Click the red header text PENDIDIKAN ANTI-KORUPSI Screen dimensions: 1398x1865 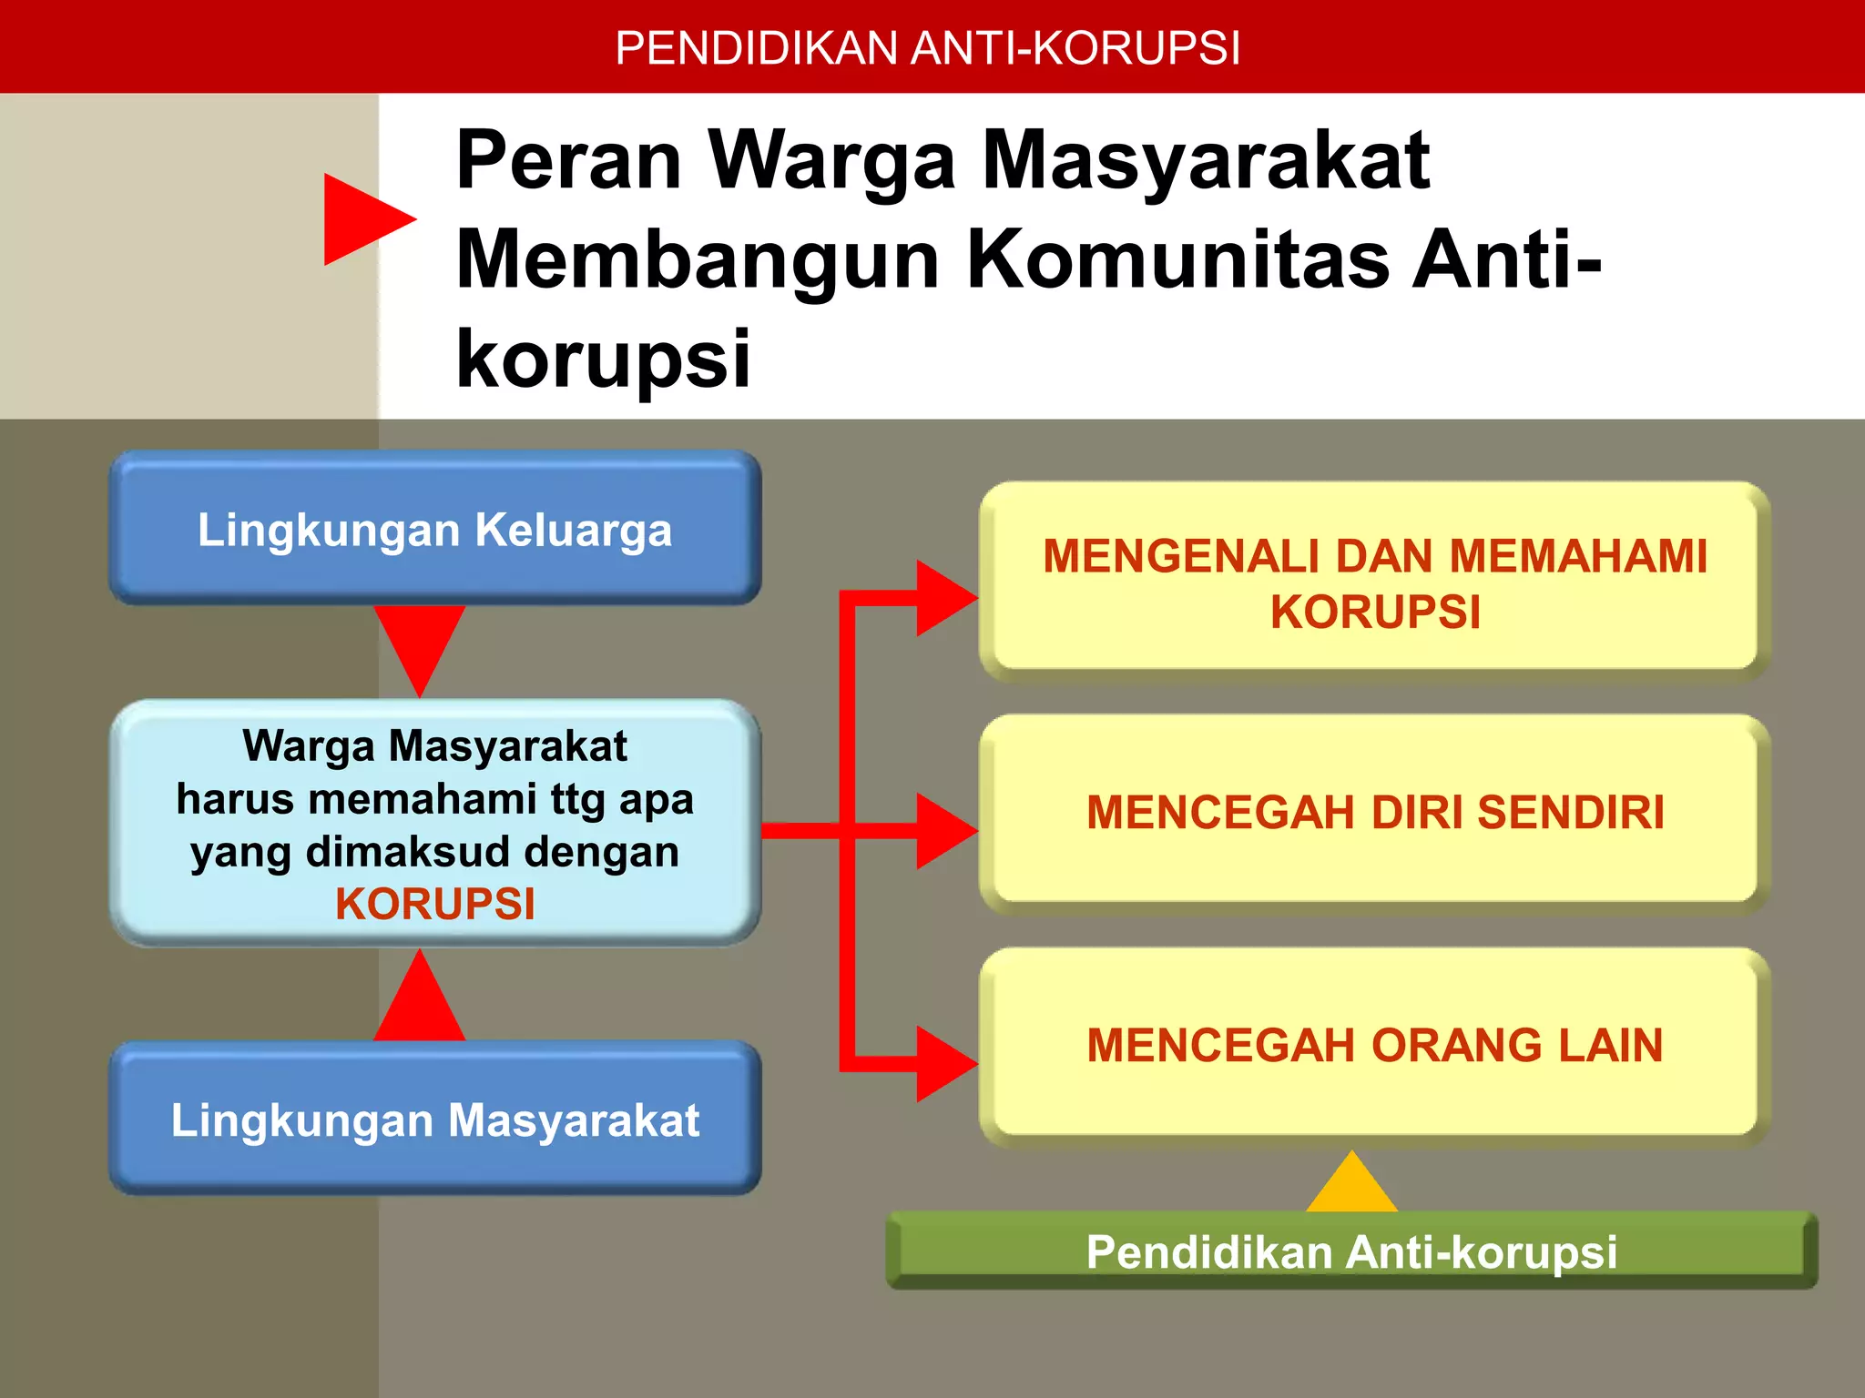coord(927,48)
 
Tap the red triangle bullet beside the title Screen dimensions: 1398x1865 coord(362,219)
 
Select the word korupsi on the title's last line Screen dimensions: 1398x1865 coord(603,359)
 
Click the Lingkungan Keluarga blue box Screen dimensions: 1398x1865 coord(435,530)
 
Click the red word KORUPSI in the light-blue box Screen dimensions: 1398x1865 coord(435,905)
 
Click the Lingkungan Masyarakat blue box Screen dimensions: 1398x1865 coord(435,1119)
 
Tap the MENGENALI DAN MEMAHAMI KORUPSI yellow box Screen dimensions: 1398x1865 coord(1375,582)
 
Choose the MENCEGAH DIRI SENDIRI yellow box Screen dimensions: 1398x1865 coord(1375,813)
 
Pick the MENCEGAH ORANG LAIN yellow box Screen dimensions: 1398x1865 coord(1375,1045)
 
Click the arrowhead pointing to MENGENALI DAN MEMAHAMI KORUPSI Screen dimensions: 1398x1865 coord(943,598)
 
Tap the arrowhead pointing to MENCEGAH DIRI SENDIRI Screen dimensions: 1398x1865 coord(943,830)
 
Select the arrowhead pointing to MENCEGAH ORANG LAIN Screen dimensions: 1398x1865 coord(943,1063)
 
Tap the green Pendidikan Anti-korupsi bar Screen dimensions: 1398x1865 coord(1351,1251)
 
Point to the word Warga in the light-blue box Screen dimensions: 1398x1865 coord(309,746)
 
